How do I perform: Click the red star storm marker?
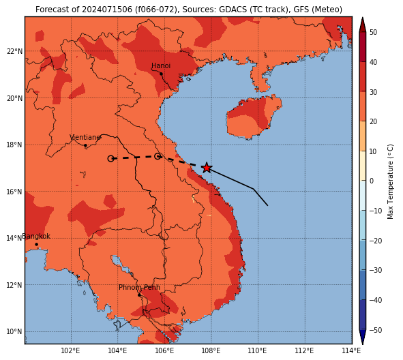207,168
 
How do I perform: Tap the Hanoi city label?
161,65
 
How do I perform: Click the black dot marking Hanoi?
161,74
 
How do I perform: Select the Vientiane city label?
85,138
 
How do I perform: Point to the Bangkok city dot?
37,244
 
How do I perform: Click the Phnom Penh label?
139,287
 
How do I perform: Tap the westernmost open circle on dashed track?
110,159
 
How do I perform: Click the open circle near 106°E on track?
158,156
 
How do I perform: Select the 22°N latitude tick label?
14,51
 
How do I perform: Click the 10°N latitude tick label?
14,332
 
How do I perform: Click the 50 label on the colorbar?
373,32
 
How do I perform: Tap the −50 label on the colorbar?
376,330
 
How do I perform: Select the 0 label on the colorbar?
372,181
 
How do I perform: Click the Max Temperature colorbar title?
391,181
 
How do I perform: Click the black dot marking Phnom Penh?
139,295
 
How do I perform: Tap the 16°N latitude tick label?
14,192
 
